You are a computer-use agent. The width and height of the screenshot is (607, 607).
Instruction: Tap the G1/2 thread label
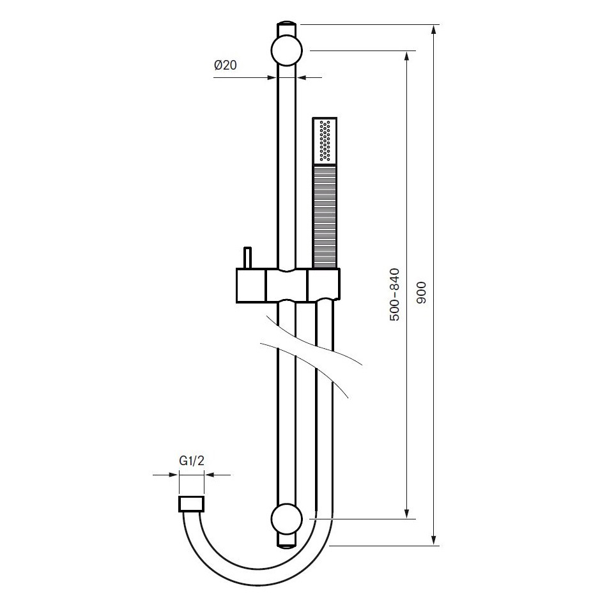click(191, 460)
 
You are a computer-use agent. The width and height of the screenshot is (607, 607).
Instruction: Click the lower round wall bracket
click(287, 518)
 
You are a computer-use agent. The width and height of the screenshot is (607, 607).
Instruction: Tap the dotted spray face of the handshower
click(326, 141)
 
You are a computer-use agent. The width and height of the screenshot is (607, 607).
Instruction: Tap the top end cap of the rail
click(287, 29)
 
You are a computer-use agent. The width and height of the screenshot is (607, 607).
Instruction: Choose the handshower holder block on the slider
click(324, 284)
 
